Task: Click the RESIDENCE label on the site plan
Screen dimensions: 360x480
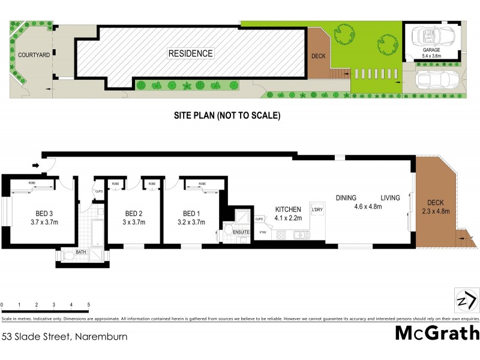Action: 190,53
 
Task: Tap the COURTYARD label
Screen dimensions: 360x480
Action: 33,55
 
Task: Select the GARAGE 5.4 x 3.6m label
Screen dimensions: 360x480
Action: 432,53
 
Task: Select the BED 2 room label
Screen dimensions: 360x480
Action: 133,217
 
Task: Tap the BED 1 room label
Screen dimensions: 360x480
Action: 191,217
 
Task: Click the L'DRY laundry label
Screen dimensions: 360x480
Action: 317,209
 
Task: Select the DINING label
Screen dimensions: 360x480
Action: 346,198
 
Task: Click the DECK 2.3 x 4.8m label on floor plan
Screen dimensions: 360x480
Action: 436,207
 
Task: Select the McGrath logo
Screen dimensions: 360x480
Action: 437,333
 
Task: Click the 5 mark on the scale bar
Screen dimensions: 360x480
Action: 89,305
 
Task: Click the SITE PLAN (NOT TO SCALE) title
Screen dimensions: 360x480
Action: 227,115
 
